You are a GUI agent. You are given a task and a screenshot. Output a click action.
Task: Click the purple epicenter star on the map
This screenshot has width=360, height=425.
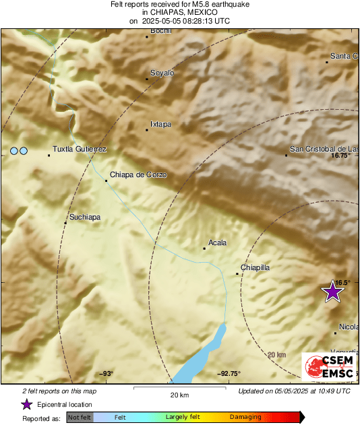pyautogui.click(x=332, y=292)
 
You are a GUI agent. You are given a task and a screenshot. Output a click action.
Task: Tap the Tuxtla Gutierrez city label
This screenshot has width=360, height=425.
pyautogui.click(x=80, y=149)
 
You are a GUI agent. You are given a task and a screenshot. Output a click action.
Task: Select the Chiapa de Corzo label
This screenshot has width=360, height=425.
pyautogui.click(x=138, y=174)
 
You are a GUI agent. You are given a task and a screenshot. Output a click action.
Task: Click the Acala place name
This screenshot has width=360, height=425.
pyautogui.click(x=218, y=242)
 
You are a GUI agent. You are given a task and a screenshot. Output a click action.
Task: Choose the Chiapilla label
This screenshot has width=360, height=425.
pyautogui.click(x=256, y=267)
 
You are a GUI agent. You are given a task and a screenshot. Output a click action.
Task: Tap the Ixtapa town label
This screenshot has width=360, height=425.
pyautogui.click(x=160, y=124)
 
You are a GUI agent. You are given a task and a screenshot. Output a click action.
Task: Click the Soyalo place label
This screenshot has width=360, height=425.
pyautogui.click(x=162, y=73)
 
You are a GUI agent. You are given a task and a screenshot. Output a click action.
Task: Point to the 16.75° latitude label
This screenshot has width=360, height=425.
pyautogui.click(x=341, y=156)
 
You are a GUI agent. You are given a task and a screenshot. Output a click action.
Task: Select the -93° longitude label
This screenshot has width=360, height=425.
pyautogui.click(x=106, y=374)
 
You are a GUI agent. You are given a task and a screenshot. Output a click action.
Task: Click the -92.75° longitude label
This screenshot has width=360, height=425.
pyautogui.click(x=229, y=374)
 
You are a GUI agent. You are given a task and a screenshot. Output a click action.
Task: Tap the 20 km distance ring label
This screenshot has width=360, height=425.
pyautogui.click(x=276, y=355)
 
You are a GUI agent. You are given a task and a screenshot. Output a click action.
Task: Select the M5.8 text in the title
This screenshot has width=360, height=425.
pyautogui.click(x=184, y=4)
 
